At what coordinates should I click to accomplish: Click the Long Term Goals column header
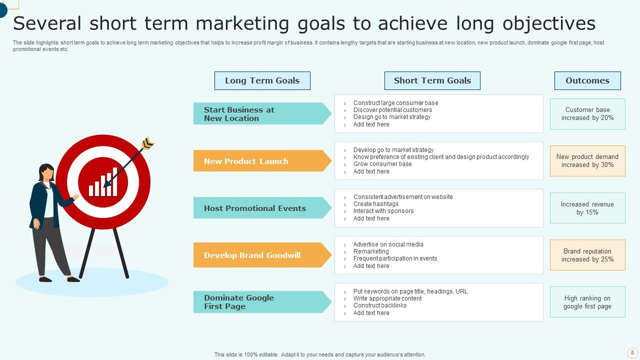(x=262, y=80)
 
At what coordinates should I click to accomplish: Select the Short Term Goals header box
(x=432, y=80)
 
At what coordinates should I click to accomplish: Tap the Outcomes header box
(x=587, y=80)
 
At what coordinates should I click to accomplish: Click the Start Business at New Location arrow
(x=260, y=113)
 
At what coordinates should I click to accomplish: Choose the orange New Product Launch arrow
(x=260, y=161)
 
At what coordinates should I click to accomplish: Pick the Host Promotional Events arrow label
(x=260, y=208)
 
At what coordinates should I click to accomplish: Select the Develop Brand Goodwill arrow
(x=260, y=255)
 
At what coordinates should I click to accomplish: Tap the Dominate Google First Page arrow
(x=260, y=302)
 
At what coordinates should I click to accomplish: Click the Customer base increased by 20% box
(x=587, y=114)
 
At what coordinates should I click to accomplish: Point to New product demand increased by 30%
(x=587, y=161)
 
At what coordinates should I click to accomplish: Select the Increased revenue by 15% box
(x=587, y=208)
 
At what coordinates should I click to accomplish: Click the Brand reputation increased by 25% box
(x=587, y=255)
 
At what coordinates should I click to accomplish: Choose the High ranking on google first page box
(x=587, y=302)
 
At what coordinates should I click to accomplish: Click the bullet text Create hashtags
(x=376, y=204)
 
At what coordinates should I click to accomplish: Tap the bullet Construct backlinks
(x=380, y=305)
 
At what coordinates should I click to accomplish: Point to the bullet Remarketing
(x=371, y=251)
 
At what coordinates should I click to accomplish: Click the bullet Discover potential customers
(x=392, y=110)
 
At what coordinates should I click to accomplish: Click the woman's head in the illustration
(x=46, y=172)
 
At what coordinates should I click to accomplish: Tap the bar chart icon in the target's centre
(x=103, y=183)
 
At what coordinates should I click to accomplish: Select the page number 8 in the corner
(x=632, y=352)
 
